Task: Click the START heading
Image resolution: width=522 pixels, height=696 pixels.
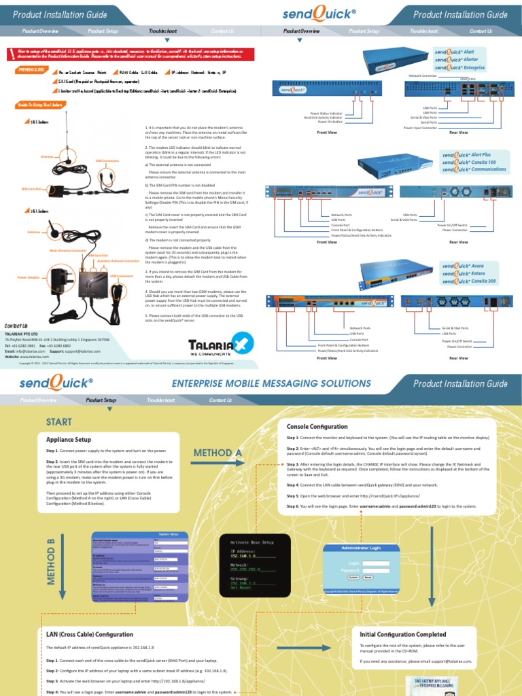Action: [x=58, y=422]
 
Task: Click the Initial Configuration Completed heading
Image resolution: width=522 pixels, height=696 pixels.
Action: [x=402, y=634]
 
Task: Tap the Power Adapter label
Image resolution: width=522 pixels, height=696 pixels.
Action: [x=30, y=277]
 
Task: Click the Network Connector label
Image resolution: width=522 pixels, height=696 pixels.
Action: [x=423, y=75]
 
